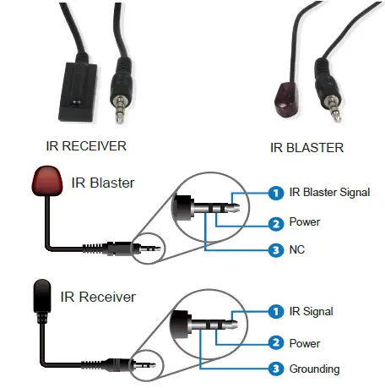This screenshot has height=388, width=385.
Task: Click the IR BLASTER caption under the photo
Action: pyautogui.click(x=306, y=147)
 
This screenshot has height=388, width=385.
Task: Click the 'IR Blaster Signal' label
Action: pyautogui.click(x=329, y=193)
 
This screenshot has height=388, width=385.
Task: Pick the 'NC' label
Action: pyautogui.click(x=297, y=250)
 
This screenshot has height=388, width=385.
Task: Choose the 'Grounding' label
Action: pyautogui.click(x=314, y=369)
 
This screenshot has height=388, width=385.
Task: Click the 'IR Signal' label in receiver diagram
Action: pyautogui.click(x=310, y=312)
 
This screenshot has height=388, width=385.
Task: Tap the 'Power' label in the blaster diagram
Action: pyautogui.click(x=304, y=222)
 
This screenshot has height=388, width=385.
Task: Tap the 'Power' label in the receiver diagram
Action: pyautogui.click(x=304, y=342)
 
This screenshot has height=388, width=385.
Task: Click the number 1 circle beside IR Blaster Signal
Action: pyautogui.click(x=274, y=193)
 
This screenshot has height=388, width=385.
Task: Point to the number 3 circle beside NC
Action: pyautogui.click(x=274, y=250)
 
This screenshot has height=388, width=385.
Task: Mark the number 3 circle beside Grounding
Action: pyautogui.click(x=274, y=369)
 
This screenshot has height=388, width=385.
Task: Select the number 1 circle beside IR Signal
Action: pyautogui.click(x=274, y=312)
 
